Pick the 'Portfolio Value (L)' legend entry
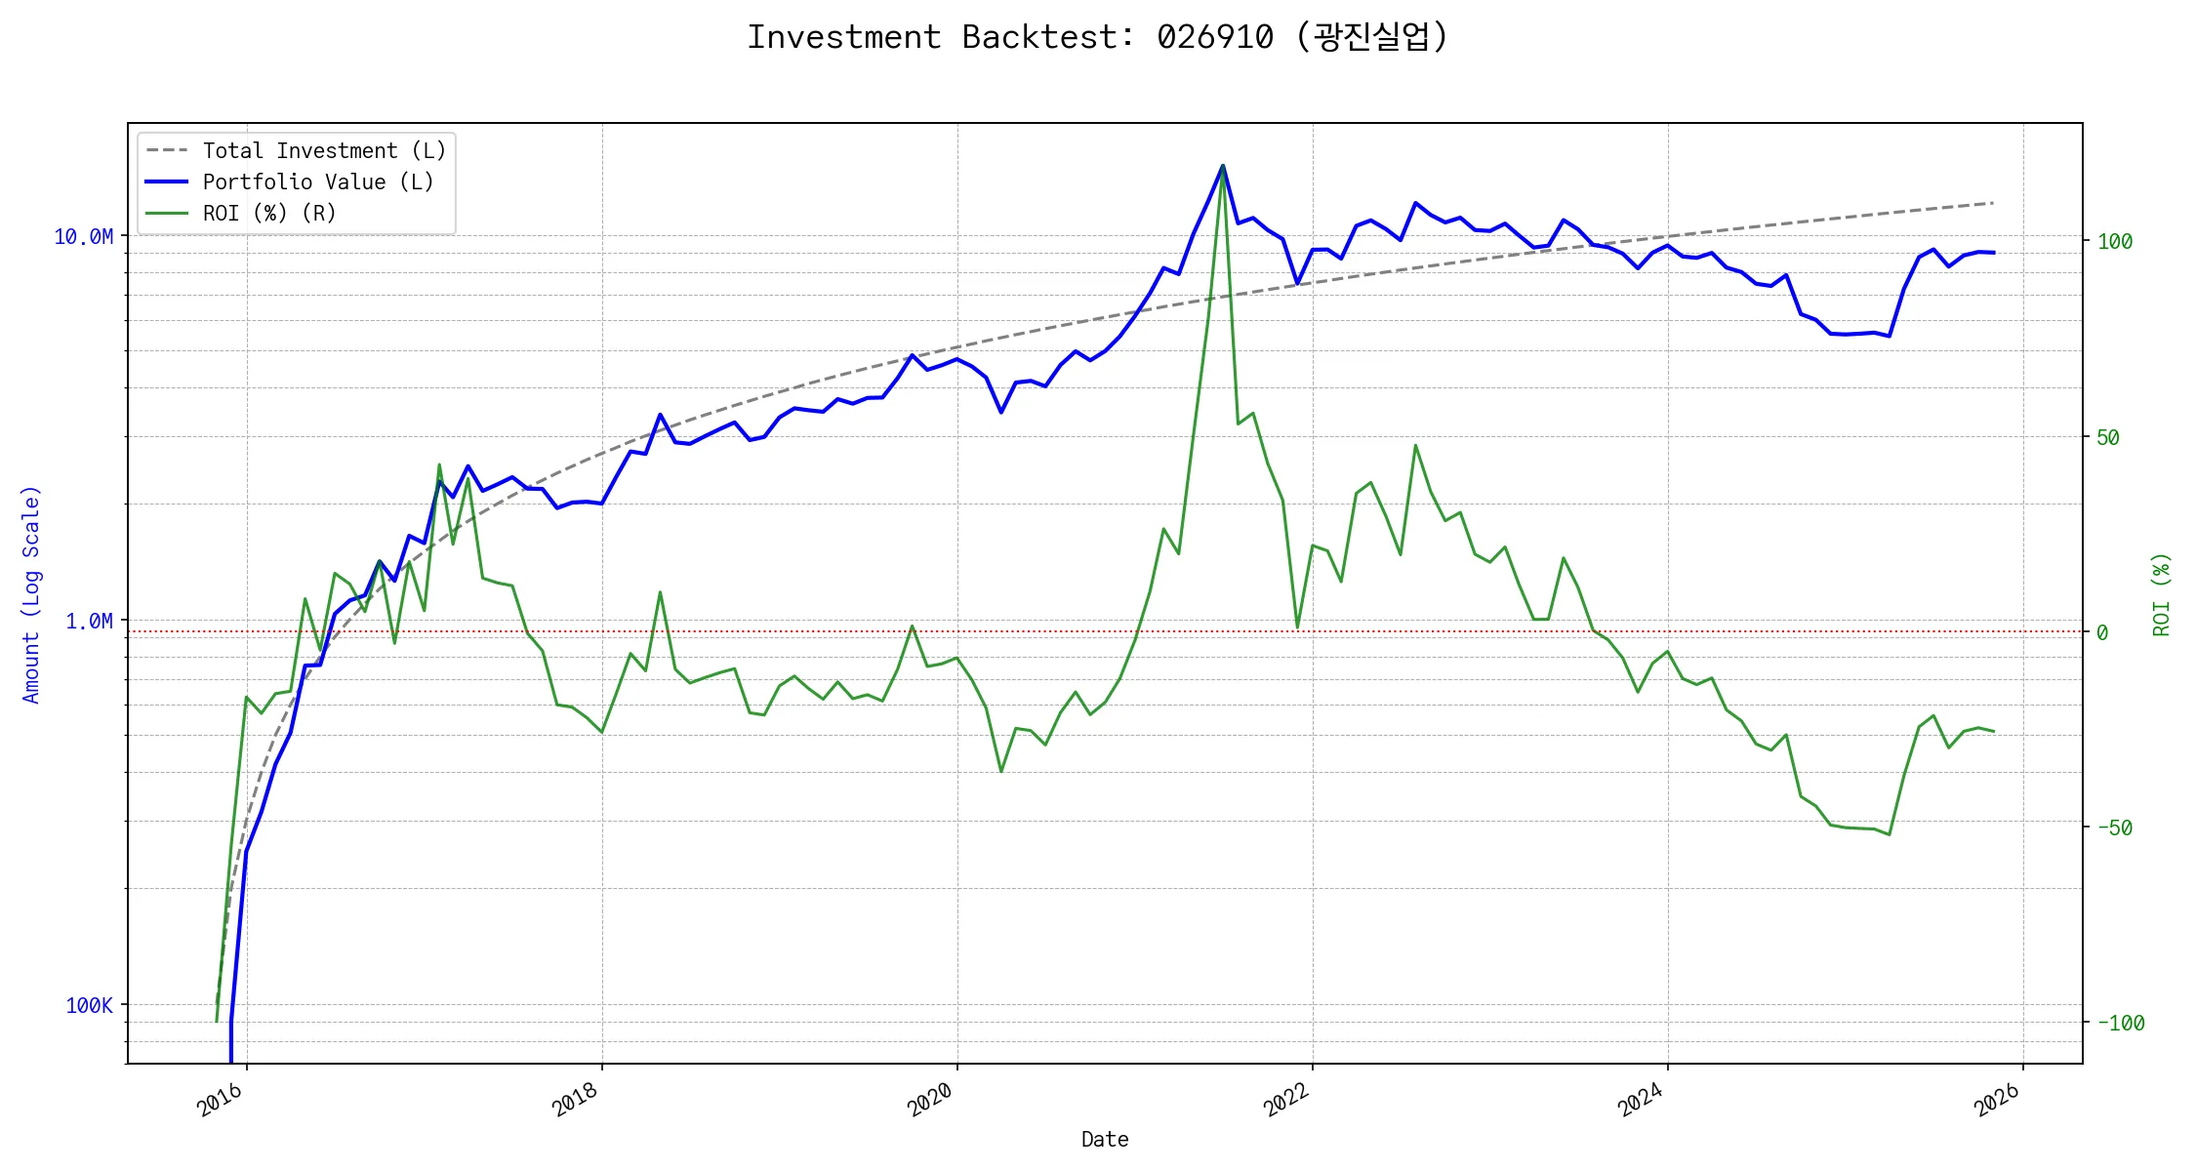coord(318,182)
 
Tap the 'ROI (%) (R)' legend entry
coord(269,214)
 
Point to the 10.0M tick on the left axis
coord(83,237)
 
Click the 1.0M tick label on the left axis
coord(89,622)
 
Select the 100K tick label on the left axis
coord(89,1006)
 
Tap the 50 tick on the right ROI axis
coord(2108,438)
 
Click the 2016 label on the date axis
coord(220,1101)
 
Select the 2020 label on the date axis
coord(929,1101)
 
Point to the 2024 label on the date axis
coord(1640,1101)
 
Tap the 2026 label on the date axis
coord(1996,1101)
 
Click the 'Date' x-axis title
coord(1105,1140)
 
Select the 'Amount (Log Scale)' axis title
coord(31,594)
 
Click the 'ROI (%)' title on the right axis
coord(2162,594)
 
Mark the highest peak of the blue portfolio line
coord(1223,166)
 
